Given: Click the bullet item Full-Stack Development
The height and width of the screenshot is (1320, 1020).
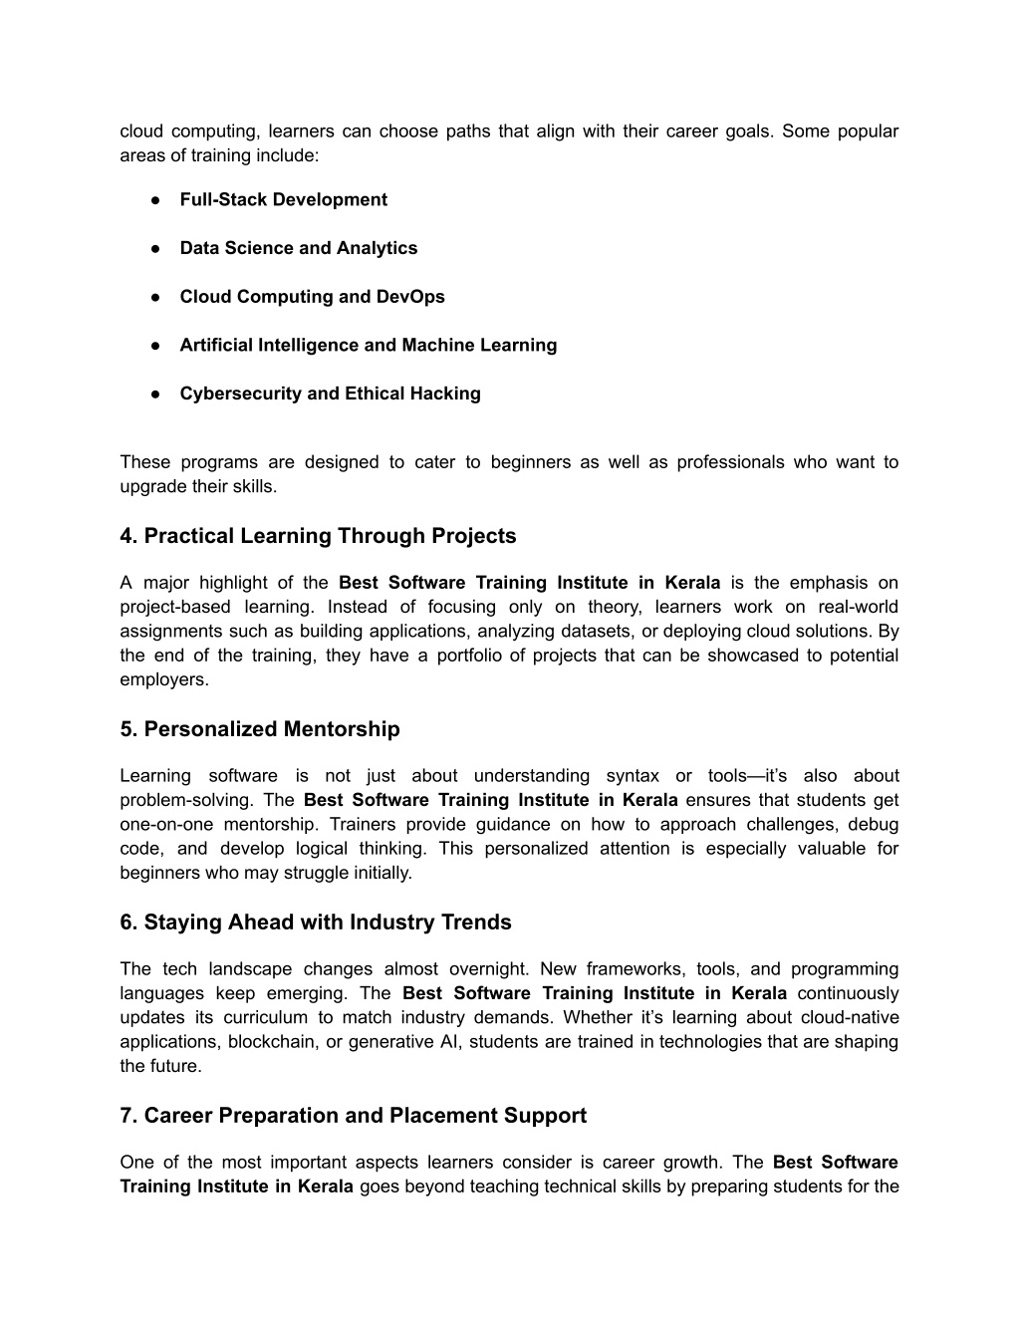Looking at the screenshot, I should [x=283, y=199].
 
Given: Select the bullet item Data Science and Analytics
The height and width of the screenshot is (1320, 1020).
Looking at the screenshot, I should [x=298, y=248].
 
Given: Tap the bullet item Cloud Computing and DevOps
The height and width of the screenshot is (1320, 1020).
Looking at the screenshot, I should [x=312, y=297].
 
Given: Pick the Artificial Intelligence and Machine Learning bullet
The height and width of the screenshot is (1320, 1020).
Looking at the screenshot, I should [x=368, y=346].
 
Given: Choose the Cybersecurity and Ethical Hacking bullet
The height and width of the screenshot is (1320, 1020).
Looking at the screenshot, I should [x=330, y=394].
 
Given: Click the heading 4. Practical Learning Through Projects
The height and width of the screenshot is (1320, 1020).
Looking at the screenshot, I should [x=318, y=536].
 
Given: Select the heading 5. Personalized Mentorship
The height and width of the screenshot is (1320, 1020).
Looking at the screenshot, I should [x=259, y=729].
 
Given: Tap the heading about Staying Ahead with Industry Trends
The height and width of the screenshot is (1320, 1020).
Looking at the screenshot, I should [x=315, y=923].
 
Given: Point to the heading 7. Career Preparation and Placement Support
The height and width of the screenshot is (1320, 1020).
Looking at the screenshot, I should [x=353, y=1116].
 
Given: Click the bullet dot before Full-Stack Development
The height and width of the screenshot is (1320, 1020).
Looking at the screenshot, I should [x=156, y=200].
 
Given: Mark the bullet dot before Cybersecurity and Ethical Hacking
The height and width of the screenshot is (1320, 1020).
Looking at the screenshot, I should [x=156, y=395].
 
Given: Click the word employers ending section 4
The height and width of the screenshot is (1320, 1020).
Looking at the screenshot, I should [x=163, y=679].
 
